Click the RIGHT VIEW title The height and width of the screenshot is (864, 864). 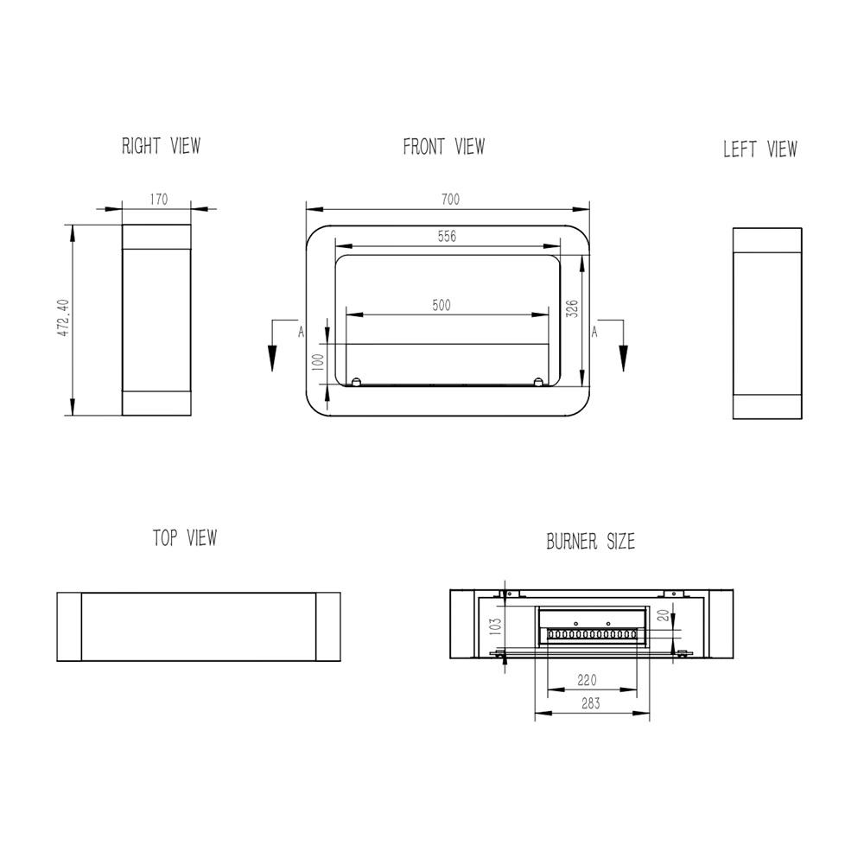point(161,146)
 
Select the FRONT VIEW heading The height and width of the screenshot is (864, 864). point(443,147)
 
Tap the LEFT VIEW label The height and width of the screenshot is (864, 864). point(759,149)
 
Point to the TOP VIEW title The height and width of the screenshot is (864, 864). point(185,537)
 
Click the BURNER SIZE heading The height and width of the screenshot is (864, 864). point(590,541)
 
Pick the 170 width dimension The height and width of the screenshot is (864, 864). point(159,199)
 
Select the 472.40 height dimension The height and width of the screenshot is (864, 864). point(63,318)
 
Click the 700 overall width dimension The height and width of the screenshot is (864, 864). point(450,199)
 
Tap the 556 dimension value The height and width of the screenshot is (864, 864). point(447,236)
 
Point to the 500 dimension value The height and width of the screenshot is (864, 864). point(442,305)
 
